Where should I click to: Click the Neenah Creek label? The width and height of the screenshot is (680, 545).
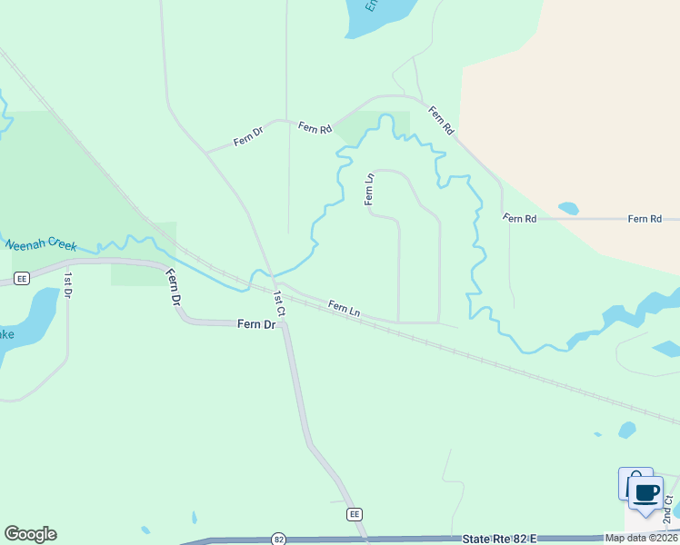41,245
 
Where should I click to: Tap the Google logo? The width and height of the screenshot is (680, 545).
30,534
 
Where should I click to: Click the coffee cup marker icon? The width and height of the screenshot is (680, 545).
646,493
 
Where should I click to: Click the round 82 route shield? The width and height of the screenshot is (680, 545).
278,540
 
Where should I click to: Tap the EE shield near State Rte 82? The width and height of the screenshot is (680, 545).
355,514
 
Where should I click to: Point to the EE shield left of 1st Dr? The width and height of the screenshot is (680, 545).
23,277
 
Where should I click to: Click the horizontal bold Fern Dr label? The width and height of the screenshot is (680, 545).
256,323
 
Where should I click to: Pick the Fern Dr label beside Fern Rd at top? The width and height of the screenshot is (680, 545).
248,137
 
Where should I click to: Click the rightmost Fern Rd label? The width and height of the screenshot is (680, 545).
645,219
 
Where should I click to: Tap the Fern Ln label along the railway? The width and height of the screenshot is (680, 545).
345,309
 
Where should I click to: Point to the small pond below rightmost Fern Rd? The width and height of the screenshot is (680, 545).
569,208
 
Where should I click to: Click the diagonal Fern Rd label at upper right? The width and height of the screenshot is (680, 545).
441,121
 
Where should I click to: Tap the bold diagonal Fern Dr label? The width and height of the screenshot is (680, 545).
174,286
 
